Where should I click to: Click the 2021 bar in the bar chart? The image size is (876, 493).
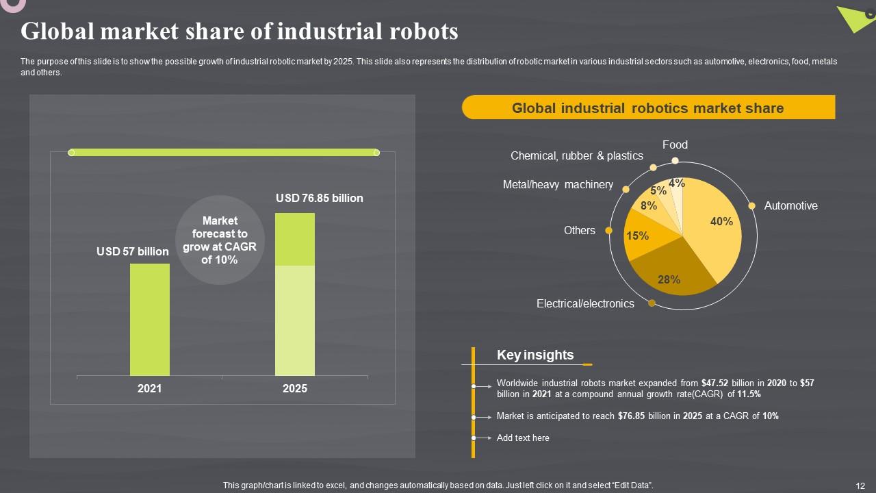(150, 319)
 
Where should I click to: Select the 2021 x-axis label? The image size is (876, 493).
(150, 388)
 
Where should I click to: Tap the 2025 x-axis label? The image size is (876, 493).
(295, 388)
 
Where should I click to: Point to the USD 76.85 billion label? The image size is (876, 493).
(319, 198)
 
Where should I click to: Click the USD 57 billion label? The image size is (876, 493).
(133, 251)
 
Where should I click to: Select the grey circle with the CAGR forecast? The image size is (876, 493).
(220, 240)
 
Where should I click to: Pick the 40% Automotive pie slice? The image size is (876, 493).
(715, 226)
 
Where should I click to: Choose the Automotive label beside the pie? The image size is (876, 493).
(790, 205)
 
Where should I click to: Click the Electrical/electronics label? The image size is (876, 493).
(585, 303)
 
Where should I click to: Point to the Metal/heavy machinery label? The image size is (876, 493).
(558, 184)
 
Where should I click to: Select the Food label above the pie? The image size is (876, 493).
(675, 144)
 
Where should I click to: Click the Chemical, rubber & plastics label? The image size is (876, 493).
(577, 155)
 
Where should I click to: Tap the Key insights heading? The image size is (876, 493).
(535, 355)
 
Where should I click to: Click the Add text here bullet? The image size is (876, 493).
(523, 438)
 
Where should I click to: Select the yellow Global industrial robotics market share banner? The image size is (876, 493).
(648, 108)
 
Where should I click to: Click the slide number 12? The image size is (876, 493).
(860, 485)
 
